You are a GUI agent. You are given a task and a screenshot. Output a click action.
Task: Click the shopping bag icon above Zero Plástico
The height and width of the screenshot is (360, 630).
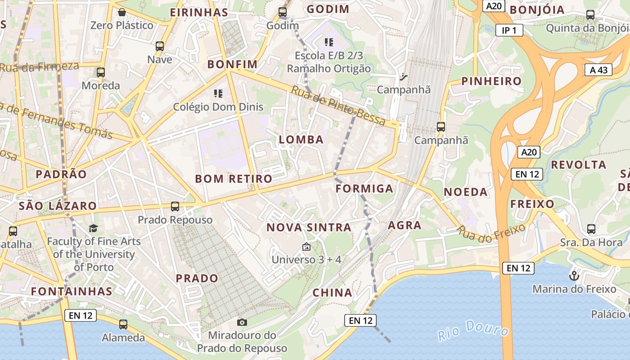121,12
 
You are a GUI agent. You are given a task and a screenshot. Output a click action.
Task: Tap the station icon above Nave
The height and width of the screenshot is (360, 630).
160,46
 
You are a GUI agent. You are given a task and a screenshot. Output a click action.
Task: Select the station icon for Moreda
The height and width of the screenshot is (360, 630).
101,72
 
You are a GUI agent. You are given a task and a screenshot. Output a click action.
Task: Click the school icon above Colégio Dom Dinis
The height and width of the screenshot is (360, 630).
218,94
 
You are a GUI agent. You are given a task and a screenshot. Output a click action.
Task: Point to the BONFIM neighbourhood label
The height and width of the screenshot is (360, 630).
232,64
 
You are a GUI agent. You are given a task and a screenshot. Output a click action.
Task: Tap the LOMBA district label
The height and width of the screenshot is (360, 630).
301,139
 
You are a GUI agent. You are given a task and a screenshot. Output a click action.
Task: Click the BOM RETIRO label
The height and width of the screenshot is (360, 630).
234,179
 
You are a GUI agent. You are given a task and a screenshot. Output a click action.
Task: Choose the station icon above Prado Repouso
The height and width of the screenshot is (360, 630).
175,207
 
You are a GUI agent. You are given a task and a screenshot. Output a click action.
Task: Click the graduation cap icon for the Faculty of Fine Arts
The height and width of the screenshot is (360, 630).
94,229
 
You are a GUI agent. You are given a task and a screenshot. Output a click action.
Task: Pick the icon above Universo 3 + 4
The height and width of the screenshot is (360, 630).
306,247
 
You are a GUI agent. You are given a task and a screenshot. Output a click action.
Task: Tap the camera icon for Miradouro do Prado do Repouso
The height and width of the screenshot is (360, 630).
242,322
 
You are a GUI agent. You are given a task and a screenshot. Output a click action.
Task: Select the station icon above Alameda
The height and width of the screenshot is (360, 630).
123,324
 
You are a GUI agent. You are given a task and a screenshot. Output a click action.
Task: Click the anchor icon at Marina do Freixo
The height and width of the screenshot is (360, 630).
574,275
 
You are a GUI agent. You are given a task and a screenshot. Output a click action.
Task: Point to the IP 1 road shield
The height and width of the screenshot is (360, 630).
509,30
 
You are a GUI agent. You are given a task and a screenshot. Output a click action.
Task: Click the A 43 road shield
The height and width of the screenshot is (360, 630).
598,70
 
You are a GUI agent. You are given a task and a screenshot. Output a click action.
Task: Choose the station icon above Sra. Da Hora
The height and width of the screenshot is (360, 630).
591,229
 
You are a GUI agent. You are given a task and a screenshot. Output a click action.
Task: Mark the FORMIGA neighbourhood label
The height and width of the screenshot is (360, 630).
364,189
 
